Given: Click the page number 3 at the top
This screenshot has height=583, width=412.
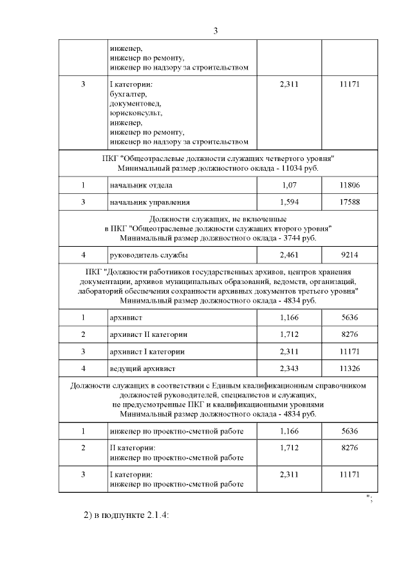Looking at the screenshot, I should click(216, 31).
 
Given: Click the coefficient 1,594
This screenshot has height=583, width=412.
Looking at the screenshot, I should click(290, 202).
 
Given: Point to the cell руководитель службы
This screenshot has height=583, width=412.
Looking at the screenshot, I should click(149, 255).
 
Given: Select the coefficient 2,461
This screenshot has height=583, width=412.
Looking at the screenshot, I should click(290, 255).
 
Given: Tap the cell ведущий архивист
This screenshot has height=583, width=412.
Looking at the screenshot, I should click(142, 368).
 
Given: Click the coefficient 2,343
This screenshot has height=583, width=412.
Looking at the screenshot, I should click(290, 368).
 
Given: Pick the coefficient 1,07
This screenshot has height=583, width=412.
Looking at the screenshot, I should click(290, 186).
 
